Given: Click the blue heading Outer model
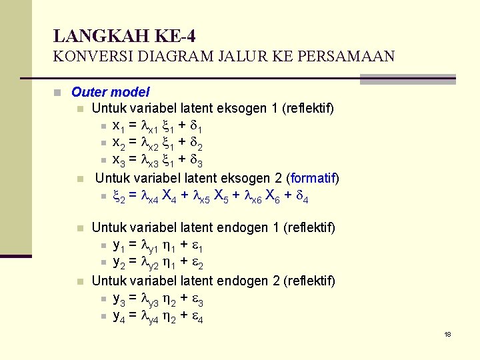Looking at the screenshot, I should pos(111,92).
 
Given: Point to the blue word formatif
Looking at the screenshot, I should pos(313,178).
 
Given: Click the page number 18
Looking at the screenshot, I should pos(448,334).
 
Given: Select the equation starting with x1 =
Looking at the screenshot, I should pos(158,126).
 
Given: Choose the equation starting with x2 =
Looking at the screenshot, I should pos(158,143).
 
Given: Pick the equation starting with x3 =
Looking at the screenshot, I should pos(158,160).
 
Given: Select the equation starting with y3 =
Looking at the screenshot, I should pos(158,299).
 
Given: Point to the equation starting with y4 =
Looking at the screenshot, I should pos(158,316).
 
